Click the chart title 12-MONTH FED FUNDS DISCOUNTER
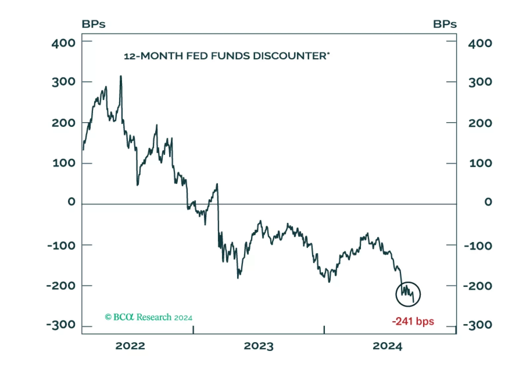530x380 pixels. click(x=227, y=56)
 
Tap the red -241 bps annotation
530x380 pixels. click(x=413, y=322)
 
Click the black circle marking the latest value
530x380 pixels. click(x=408, y=294)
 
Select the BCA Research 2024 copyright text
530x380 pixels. click(x=149, y=317)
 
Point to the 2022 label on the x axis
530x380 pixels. click(x=130, y=346)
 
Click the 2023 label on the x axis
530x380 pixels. click(x=258, y=346)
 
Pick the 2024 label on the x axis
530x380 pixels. click(x=387, y=346)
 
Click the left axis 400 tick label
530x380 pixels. click(x=63, y=43)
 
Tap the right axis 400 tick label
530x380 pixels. click(x=480, y=43)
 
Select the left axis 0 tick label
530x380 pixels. click(x=72, y=202)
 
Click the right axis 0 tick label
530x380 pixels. click(x=488, y=202)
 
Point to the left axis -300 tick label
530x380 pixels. click(x=61, y=325)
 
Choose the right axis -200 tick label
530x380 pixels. click(x=478, y=286)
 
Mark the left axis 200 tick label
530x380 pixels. click(x=63, y=123)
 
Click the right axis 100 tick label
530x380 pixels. click(x=481, y=163)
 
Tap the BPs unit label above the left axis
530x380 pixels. click(x=94, y=24)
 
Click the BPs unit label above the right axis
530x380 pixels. click(x=445, y=24)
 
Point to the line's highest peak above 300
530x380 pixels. click(x=121, y=76)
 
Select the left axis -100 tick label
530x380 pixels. click(x=61, y=246)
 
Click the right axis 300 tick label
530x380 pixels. click(x=480, y=82)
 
